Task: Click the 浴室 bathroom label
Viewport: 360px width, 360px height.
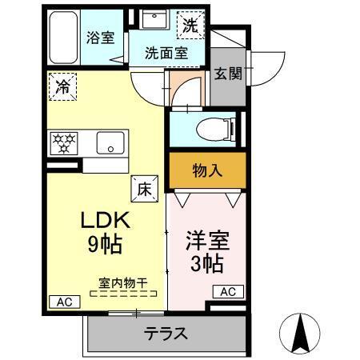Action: [x=101, y=38]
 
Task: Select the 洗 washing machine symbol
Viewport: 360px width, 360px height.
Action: [x=190, y=25]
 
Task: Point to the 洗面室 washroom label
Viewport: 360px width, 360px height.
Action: [x=166, y=54]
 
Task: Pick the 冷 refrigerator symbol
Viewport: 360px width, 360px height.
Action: [x=62, y=87]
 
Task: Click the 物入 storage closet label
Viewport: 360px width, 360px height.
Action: [x=206, y=170]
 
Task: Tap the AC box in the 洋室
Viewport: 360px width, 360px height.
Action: [x=227, y=291]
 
